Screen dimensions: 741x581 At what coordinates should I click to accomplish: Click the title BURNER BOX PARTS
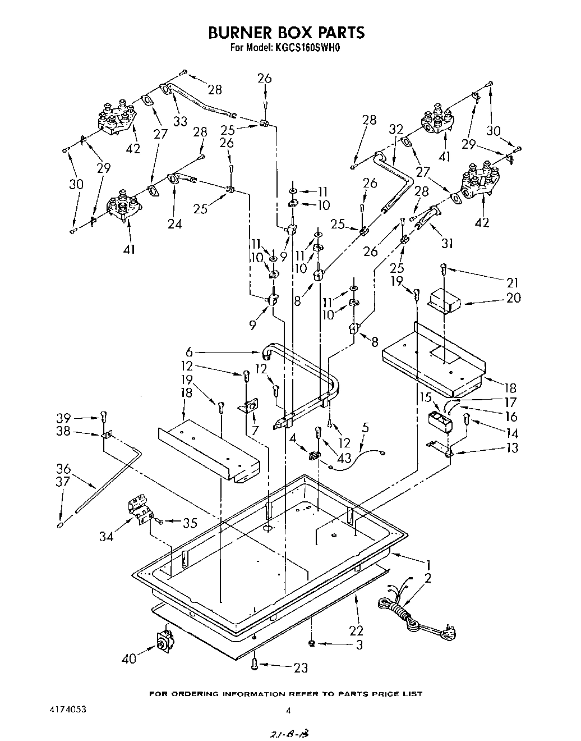pos(286,32)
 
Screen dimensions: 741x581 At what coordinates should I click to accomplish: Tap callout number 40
pos(130,658)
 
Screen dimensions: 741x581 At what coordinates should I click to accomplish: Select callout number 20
pos(513,298)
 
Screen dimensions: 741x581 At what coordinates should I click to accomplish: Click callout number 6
pos(190,353)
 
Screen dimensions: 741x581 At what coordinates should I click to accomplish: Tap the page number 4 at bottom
pos(288,710)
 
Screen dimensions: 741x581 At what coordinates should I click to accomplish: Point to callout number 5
pos(365,428)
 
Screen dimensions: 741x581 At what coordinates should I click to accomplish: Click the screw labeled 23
pos(255,665)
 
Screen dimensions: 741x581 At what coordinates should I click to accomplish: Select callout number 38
pos(64,432)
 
